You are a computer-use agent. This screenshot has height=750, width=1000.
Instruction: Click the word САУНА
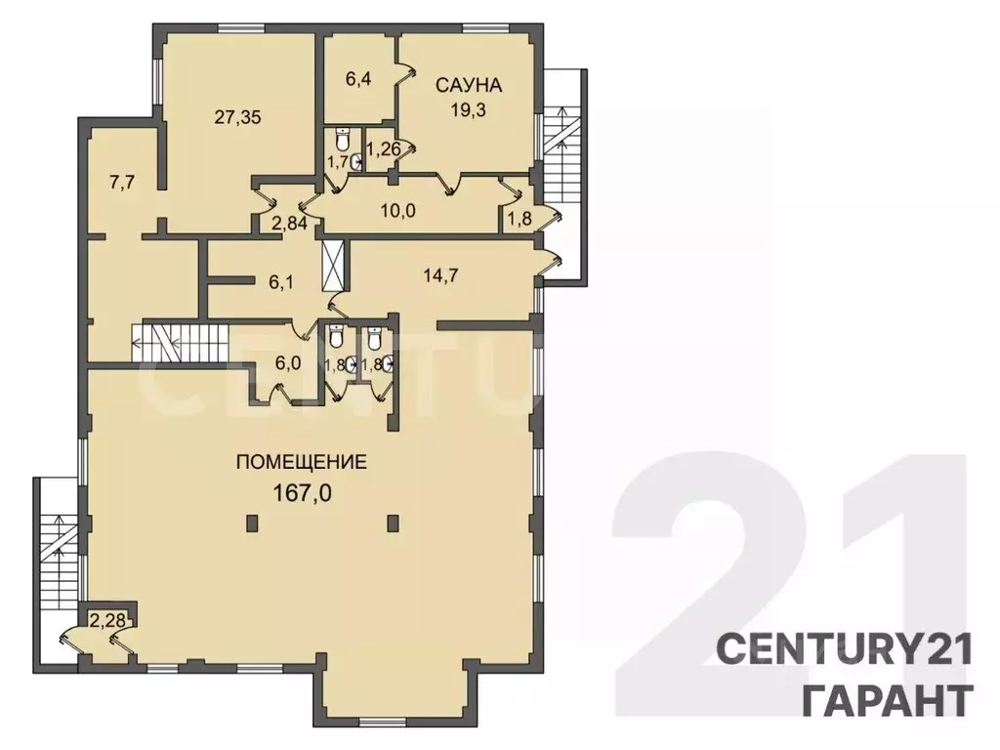[469, 85]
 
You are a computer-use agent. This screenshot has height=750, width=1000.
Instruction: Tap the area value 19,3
[469, 109]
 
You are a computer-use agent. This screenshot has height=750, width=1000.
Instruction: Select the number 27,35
[237, 117]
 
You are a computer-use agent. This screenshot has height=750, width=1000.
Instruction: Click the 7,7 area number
[121, 183]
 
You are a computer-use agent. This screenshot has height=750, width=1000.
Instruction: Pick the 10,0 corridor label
[398, 210]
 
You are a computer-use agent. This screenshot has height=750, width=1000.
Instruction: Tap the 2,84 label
[289, 224]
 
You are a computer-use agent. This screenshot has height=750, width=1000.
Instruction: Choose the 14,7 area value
[441, 276]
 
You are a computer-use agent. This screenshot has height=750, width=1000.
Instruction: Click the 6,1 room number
[280, 282]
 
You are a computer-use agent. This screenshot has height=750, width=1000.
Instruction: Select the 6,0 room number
[288, 362]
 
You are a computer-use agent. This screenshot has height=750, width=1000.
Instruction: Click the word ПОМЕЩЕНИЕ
[302, 461]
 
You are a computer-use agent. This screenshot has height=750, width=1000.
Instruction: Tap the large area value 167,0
[303, 492]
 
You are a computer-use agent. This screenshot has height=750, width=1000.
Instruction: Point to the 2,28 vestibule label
[104, 618]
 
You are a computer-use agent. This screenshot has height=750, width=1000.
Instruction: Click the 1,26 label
[385, 149]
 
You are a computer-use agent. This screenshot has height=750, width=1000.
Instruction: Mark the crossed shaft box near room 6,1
[334, 266]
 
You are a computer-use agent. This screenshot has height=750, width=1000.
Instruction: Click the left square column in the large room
[253, 523]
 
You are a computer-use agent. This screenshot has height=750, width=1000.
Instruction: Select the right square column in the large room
[395, 523]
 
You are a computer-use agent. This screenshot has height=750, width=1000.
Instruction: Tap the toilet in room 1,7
[343, 139]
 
